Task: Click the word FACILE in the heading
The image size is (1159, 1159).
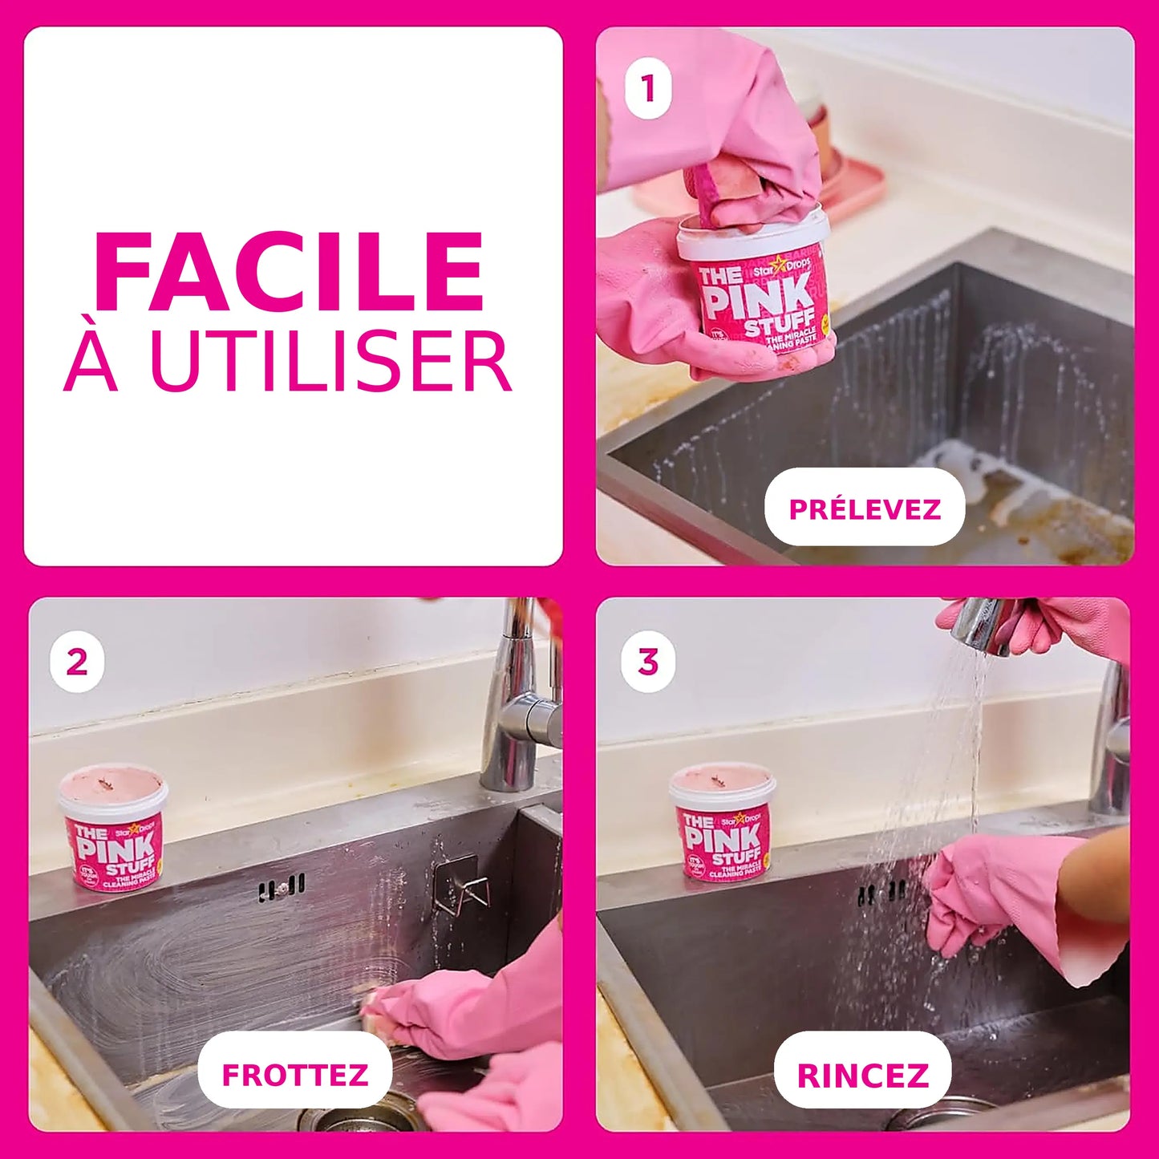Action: (x=289, y=273)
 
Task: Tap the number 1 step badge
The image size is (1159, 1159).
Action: (x=648, y=89)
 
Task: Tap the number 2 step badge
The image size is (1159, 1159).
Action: (x=77, y=663)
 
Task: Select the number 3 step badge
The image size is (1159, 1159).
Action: (x=648, y=663)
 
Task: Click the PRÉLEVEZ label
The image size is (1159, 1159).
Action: (x=865, y=509)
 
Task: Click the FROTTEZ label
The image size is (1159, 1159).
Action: (x=294, y=1075)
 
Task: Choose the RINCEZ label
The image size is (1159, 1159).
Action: (x=863, y=1075)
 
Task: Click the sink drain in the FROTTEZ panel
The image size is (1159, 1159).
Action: (x=353, y=1119)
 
